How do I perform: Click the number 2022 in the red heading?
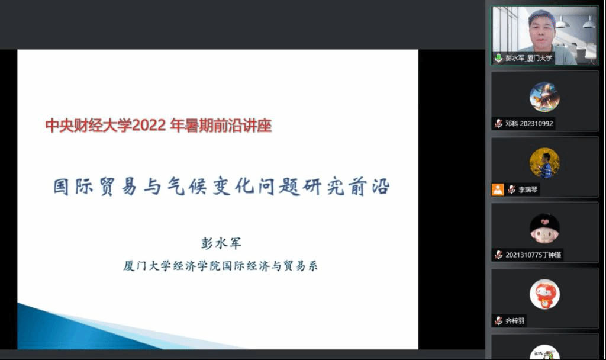tap(149, 126)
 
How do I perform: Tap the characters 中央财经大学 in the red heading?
tap(89, 126)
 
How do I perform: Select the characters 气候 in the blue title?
tap(187, 187)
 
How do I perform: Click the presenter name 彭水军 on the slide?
tap(221, 243)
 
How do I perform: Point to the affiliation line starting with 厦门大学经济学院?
tap(220, 266)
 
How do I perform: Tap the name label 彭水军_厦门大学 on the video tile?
tap(528, 59)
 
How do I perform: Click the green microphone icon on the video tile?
tap(498, 59)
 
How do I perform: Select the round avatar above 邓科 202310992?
tap(544, 97)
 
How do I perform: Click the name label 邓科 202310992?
tap(529, 124)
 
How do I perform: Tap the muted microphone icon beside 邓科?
tap(498, 124)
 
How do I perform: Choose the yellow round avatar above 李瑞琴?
tap(544, 163)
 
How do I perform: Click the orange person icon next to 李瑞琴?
tap(497, 189)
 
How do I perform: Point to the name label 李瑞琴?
tap(528, 189)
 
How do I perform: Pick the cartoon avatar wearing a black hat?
tap(544, 229)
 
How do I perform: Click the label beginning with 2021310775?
tap(533, 255)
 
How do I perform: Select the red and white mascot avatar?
tap(544, 294)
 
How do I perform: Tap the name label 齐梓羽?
tap(515, 320)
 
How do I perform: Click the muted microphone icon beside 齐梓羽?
tap(498, 320)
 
